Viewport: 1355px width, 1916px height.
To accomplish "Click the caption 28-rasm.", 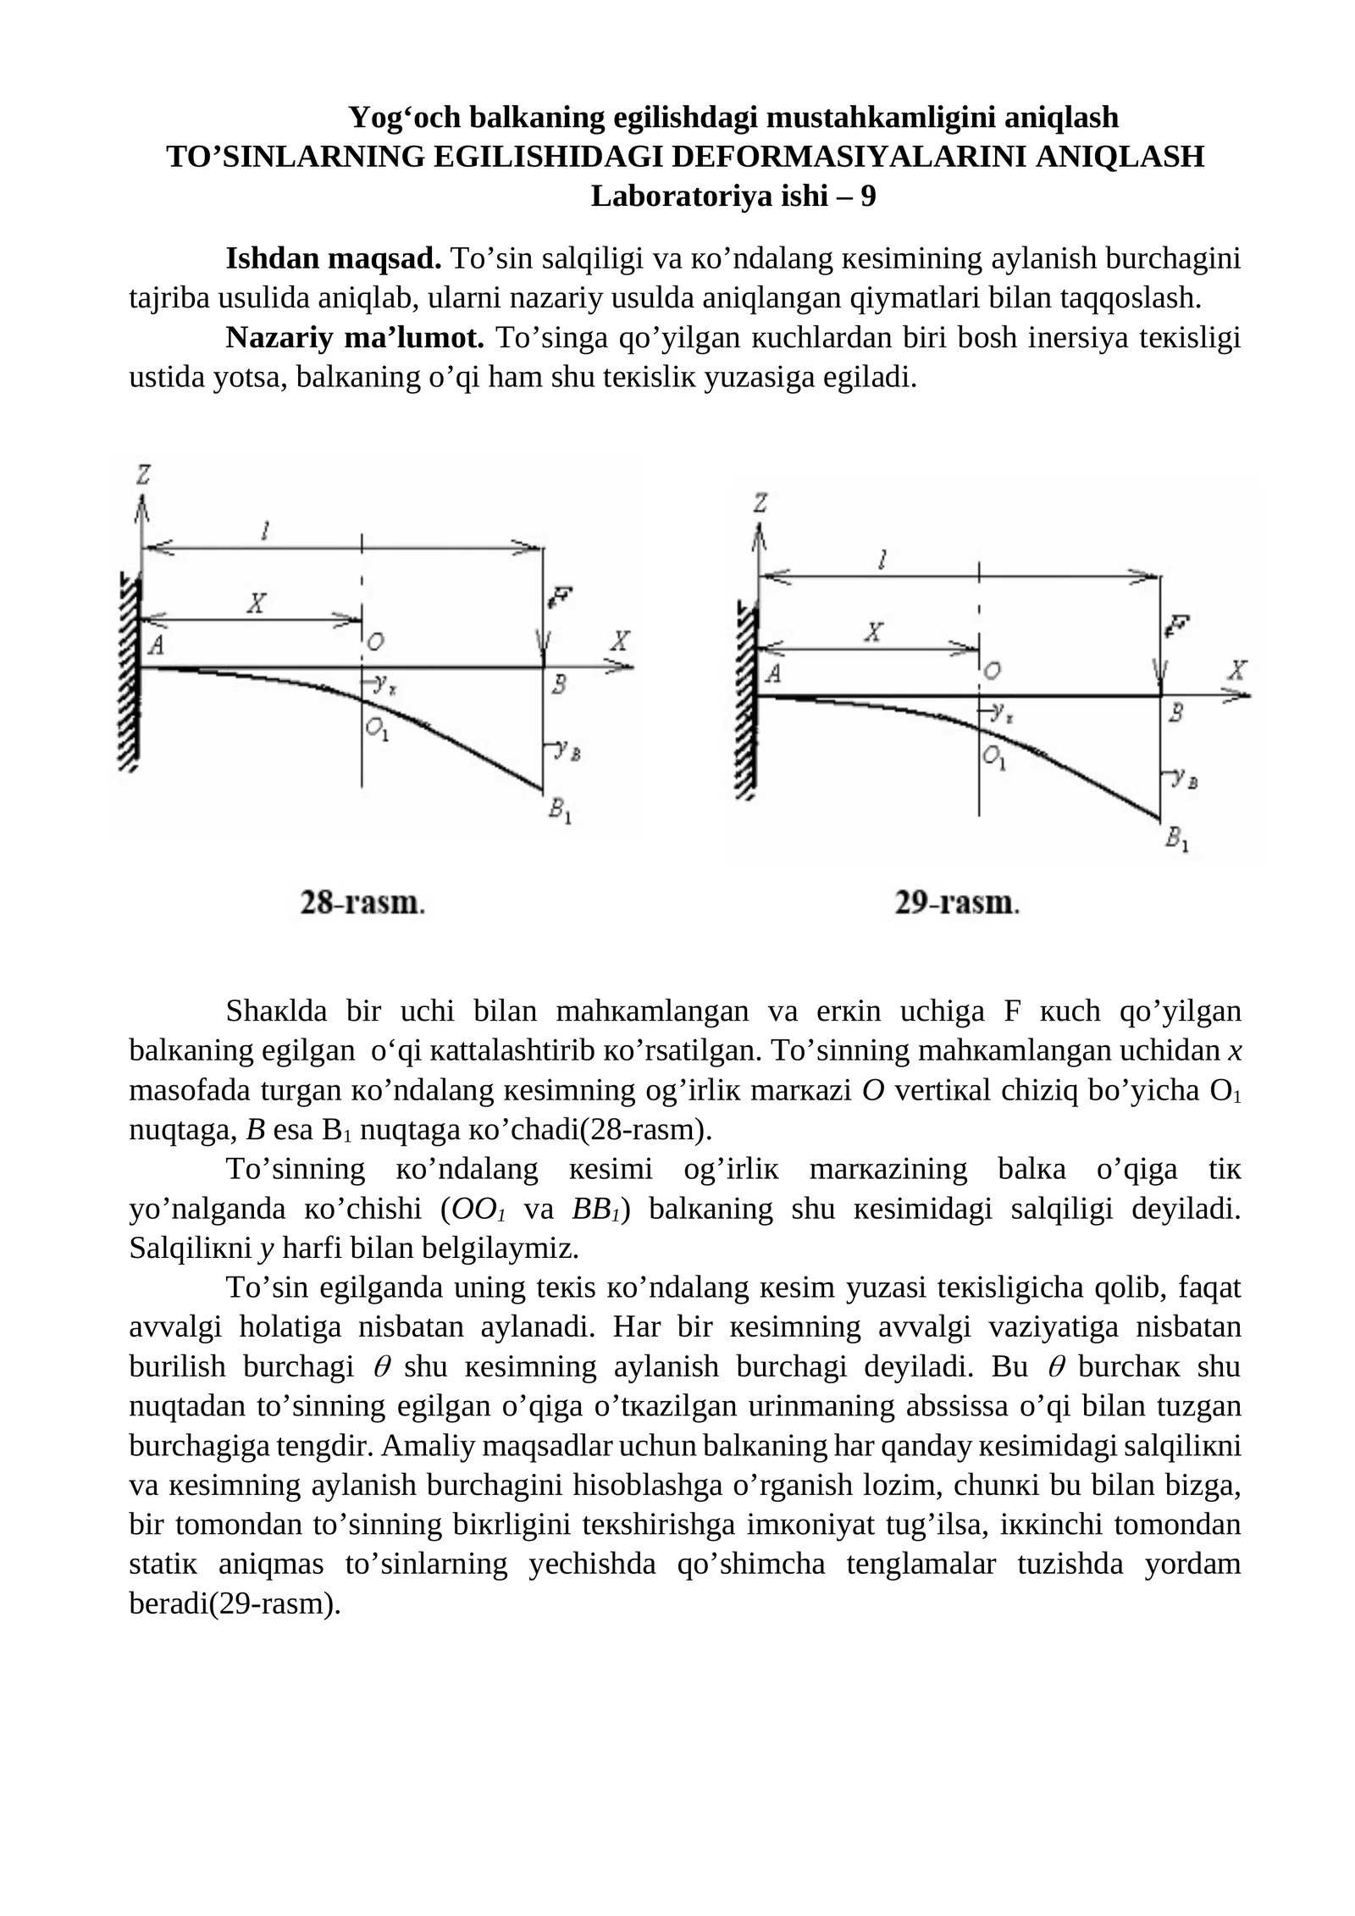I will (362, 903).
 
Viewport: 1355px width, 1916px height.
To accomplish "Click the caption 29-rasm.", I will (957, 903).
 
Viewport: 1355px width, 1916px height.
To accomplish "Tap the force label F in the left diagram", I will (560, 597).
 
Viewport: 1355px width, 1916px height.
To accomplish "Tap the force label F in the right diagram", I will (1176, 626).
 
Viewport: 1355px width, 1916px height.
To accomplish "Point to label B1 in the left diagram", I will (560, 811).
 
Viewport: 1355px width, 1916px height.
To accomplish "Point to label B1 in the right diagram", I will (1176, 839).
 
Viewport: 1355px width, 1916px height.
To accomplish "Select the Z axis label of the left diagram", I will (143, 475).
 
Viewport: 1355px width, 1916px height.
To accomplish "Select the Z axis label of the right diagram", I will (760, 503).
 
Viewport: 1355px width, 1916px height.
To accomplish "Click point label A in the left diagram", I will (156, 645).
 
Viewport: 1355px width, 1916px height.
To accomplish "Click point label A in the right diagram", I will (772, 674).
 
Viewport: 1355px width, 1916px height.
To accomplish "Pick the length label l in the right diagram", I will (882, 559).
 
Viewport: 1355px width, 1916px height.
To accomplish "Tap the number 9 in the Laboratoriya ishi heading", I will (867, 197).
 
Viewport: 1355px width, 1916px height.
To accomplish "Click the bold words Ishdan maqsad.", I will (333, 258).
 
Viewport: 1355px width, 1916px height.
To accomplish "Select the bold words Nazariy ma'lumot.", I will (354, 337).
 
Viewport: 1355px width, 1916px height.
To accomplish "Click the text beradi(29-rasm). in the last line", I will (235, 1603).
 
